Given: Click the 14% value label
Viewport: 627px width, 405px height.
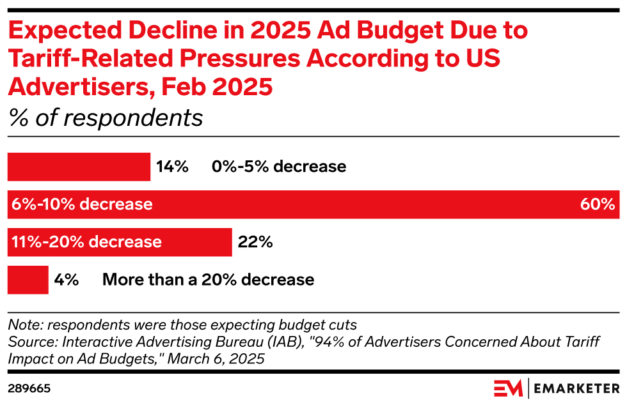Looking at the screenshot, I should pos(172,167).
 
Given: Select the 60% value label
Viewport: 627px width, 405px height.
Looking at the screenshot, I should pos(597,204).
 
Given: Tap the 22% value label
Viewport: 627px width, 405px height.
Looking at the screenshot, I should pos(255,242).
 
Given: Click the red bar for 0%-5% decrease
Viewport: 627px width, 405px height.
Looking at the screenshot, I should pos(78,167).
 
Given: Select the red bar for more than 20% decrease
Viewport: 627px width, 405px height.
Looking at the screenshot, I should pos(28,280).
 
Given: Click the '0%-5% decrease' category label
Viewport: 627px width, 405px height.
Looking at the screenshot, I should pos(279,167).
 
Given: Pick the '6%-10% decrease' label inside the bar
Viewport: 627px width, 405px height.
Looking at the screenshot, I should pos(82,204).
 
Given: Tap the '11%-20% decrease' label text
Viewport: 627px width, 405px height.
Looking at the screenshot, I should pos(86,242).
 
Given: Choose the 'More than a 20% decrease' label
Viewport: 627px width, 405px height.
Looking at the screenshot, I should pos(208,280).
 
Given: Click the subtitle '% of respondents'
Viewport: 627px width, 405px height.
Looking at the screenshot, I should pos(105,118).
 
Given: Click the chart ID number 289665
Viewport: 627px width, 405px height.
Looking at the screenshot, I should pos(29,388).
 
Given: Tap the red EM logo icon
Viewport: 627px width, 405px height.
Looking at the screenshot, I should pos(508,388).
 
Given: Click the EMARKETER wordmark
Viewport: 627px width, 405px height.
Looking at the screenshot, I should pos(577,388).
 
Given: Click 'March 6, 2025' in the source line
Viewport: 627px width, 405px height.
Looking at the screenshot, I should pos(224,358).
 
